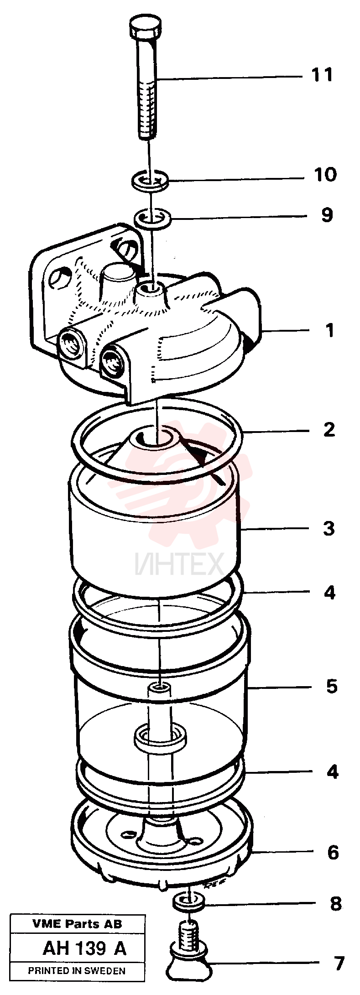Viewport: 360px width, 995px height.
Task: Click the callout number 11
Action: pyautogui.click(x=322, y=74)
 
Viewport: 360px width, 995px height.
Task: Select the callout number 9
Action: pyautogui.click(x=327, y=215)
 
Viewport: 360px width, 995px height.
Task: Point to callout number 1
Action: pyautogui.click(x=330, y=331)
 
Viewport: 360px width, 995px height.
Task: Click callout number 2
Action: pyautogui.click(x=329, y=430)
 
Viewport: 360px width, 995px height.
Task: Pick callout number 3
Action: pyautogui.click(x=329, y=528)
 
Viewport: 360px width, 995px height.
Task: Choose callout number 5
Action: pyautogui.click(x=331, y=686)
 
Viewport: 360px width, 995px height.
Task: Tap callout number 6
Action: pyautogui.click(x=333, y=852)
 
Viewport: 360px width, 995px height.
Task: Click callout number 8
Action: pyautogui.click(x=336, y=903)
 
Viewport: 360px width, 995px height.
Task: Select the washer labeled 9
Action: pyautogui.click(x=153, y=217)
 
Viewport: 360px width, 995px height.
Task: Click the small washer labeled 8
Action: pyautogui.click(x=188, y=901)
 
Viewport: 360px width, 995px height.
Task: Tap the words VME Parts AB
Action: pyautogui.click(x=78, y=924)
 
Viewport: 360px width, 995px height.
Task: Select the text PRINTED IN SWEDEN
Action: pyautogui.click(x=77, y=971)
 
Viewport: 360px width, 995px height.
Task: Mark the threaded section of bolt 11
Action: pyautogui.click(x=147, y=107)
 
